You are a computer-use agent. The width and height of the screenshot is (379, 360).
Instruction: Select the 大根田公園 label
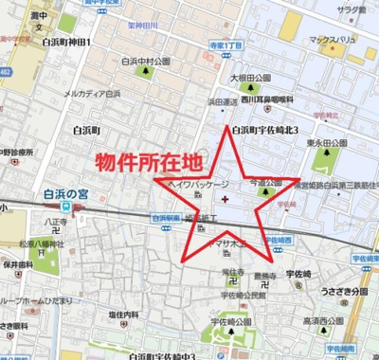tap(250, 79)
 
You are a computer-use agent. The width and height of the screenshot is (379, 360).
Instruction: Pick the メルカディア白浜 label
tap(92, 95)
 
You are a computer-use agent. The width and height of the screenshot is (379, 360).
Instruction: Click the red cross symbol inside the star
tap(224, 199)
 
